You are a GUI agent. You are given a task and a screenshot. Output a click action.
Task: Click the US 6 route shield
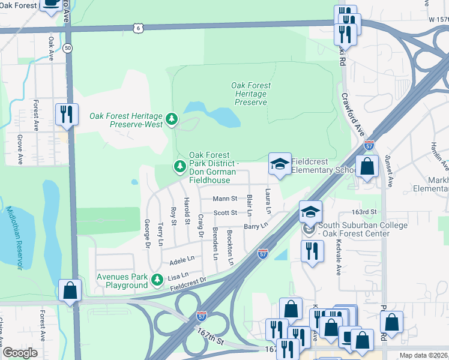[x=139, y=28]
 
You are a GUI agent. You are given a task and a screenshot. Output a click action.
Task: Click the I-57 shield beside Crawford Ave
[x=369, y=145]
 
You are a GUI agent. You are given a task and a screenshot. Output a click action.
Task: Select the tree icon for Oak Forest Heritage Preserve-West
[x=172, y=119]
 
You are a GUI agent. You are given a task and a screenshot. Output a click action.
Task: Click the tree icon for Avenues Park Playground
[x=157, y=280]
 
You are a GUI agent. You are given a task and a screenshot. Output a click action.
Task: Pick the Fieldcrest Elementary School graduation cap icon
[x=279, y=164]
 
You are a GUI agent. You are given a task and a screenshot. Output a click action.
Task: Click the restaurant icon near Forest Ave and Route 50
[x=66, y=113]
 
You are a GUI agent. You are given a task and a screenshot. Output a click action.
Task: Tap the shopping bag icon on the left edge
[x=70, y=290]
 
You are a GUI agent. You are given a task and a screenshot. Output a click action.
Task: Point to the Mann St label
[x=225, y=199]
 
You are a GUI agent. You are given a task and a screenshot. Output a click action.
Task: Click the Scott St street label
[x=226, y=212]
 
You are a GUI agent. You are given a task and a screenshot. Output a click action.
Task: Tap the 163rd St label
[x=364, y=212]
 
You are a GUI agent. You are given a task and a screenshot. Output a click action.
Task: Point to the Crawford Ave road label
[x=352, y=112]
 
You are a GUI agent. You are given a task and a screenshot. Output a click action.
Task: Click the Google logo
[x=20, y=353]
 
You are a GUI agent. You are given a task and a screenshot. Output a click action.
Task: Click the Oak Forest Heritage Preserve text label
[x=250, y=94]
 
